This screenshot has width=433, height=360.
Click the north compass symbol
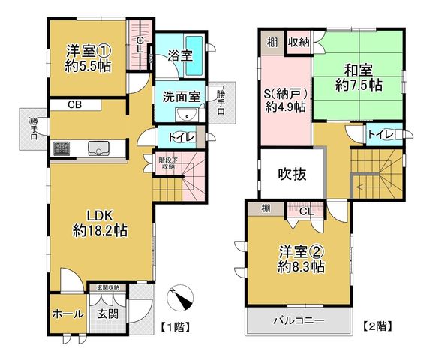180,297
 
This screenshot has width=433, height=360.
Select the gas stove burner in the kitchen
62,148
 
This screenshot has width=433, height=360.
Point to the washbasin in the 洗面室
186,114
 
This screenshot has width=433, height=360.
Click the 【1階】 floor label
176,328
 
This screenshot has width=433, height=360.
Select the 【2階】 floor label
377,326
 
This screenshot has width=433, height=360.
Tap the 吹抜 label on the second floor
292,174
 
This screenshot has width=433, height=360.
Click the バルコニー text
299,320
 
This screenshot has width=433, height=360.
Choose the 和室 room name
359,70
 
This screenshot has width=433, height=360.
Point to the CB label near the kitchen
75,105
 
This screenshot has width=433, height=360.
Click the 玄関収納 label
108,287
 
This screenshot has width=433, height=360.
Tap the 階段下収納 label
167,163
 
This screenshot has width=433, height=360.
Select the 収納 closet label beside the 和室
299,43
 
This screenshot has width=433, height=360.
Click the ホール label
68,314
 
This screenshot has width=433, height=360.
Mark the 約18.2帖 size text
100,231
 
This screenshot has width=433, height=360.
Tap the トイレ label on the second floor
380,135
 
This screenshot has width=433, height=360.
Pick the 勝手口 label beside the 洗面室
221,103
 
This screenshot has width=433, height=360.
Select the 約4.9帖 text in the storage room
285,106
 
